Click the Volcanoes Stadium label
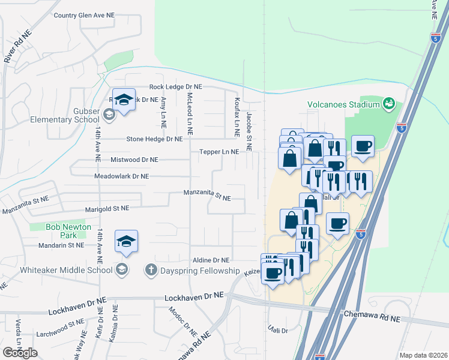tap(343, 104)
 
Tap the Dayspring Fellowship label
tap(200, 271)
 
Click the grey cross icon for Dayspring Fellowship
tap(151, 270)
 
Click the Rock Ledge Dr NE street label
tap(176, 87)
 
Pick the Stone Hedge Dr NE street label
tap(154, 139)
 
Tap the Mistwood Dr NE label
tap(134, 160)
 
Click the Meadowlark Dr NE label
tap(122, 176)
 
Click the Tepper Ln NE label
tap(219, 152)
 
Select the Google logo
tap(20, 353)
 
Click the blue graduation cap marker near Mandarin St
tap(127, 241)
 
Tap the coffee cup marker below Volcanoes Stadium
tap(363, 146)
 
